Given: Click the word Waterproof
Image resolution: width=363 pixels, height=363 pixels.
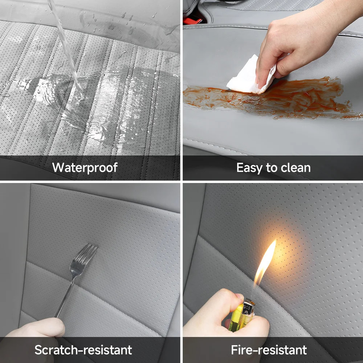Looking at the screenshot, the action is (x=85, y=168).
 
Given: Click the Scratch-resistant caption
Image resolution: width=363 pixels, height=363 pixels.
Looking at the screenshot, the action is (x=83, y=350).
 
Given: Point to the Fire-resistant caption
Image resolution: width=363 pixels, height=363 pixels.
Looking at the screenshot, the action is (x=269, y=350).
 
